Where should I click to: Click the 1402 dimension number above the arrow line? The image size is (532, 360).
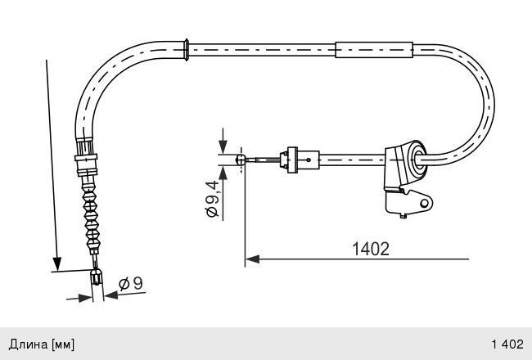371,249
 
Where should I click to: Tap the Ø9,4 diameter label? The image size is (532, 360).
212,199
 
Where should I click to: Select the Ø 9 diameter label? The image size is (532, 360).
131,283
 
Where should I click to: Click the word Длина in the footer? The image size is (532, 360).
28,344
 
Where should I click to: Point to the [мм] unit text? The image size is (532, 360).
63,344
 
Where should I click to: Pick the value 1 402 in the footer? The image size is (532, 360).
507,344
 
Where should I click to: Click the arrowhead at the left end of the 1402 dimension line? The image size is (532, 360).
252,259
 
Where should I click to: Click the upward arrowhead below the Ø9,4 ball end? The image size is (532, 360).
223,173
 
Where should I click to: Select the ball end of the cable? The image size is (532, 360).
240,159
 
